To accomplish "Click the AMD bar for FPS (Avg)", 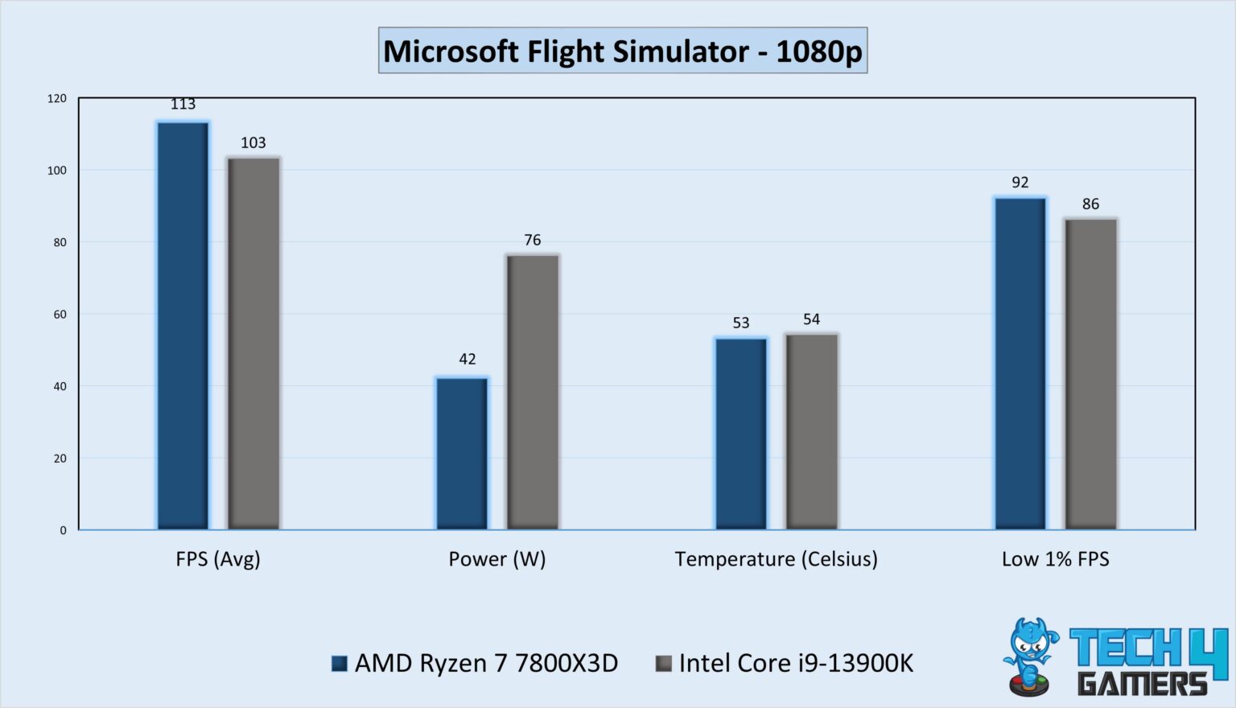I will point(183,325).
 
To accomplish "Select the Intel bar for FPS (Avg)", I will point(253,344).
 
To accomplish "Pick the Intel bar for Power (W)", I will point(533,392).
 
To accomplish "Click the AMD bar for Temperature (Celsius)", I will point(741,434).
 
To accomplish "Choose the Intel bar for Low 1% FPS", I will point(1090,374).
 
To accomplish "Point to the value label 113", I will point(183,105).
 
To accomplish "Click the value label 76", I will point(532,240).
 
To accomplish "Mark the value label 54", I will point(811,319).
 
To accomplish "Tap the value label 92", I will point(1020,183).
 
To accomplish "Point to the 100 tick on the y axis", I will point(57,171).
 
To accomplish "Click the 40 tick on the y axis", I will point(60,386).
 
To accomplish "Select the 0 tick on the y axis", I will point(63,530).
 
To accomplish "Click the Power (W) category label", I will point(496,559).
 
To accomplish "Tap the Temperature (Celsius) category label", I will point(776,559).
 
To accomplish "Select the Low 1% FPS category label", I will point(1055,559).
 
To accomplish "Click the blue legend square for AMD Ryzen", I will point(340,664).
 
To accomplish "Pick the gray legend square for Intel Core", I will point(663,664).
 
